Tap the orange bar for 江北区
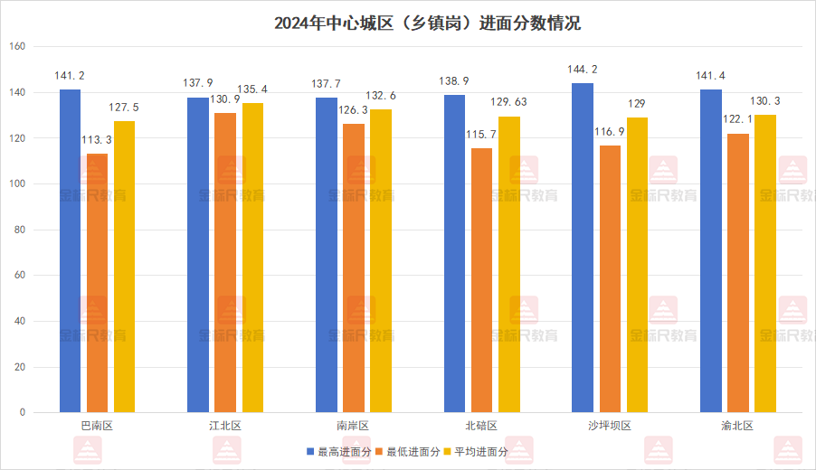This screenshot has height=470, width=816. [x=225, y=262]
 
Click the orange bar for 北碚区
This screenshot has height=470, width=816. [x=482, y=280]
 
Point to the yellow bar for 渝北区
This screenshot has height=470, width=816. [x=765, y=263]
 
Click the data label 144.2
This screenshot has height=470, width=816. [x=583, y=70]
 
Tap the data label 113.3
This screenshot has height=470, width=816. [x=98, y=140]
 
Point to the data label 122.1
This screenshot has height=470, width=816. [x=737, y=119]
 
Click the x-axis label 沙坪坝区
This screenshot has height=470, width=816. [x=610, y=426]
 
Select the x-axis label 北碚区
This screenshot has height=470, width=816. [x=481, y=426]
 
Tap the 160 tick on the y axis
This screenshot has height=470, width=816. [x=19, y=47]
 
